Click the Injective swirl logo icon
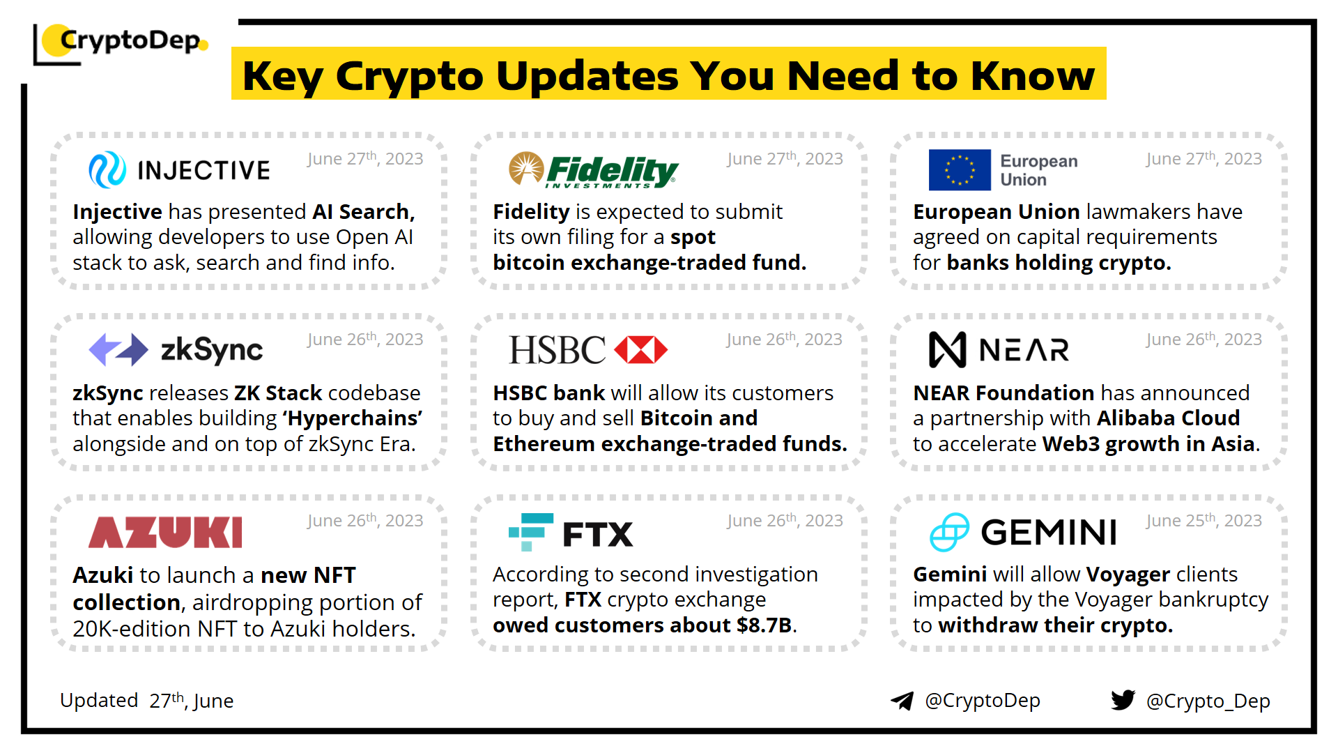[x=107, y=170]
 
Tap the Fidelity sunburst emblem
[x=526, y=168]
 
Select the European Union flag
[x=960, y=170]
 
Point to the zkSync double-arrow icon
[x=118, y=349]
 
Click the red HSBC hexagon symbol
[x=641, y=350]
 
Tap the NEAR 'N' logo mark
[x=948, y=349]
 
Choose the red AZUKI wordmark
[x=166, y=532]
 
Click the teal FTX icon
[x=531, y=532]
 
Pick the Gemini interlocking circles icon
[x=949, y=532]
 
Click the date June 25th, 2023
[x=1204, y=520]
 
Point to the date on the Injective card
[x=365, y=158]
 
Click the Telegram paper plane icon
[x=902, y=701]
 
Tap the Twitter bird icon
[x=1123, y=700]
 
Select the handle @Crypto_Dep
[x=1208, y=701]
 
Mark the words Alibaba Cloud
[x=1168, y=418]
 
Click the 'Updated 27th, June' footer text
[x=146, y=700]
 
